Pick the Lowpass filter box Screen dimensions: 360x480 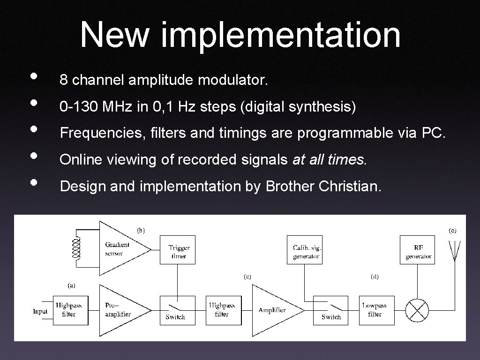pos(375,310)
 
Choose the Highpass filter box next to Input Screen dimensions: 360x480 pos(69,310)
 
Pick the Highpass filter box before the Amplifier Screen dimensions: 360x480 pos(222,310)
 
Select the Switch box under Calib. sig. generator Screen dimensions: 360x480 pos(331,310)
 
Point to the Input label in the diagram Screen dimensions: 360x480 pos(40,311)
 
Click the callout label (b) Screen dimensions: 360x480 pos(141,230)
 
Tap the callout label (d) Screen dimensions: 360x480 pos(375,277)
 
